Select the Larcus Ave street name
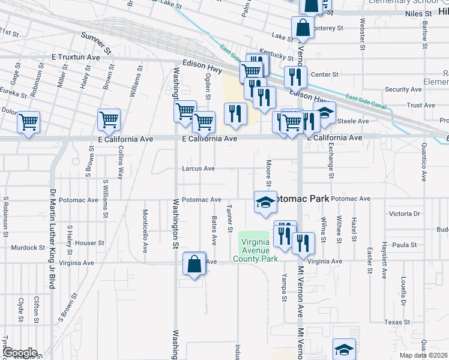click(x=198, y=169)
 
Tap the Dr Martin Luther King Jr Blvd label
click(x=52, y=240)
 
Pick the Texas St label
click(x=397, y=322)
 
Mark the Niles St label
click(x=418, y=13)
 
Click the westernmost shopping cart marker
click(x=28, y=122)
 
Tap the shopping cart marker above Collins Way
click(x=109, y=119)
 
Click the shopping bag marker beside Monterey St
click(x=303, y=27)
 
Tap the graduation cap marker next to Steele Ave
click(x=324, y=112)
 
